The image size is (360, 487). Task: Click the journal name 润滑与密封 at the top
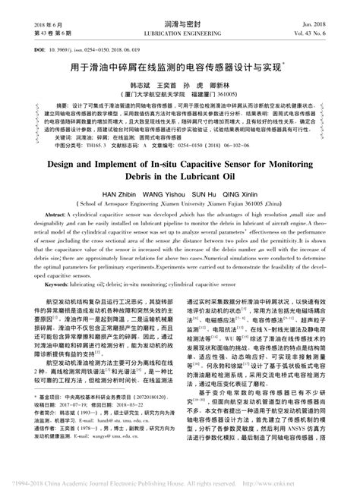[179, 13]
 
